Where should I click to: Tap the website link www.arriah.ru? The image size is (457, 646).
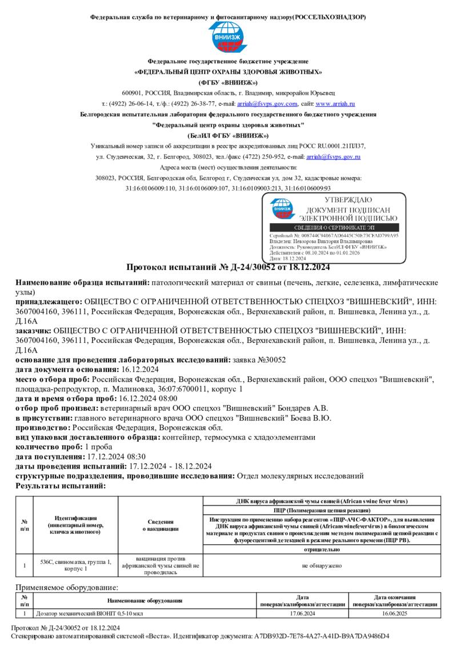pyautogui.click(x=335, y=104)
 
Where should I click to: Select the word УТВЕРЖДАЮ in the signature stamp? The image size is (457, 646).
pyautogui.click(x=348, y=200)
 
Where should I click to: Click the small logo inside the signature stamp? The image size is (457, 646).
pyautogui.click(x=282, y=209)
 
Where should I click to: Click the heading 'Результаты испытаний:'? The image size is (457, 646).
pyautogui.click(x=61, y=486)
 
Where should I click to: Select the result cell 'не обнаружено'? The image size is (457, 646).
pyautogui.click(x=321, y=566)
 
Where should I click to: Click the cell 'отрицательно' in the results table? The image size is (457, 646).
pyautogui.click(x=321, y=550)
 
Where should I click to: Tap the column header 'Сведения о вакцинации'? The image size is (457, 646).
pyautogui.click(x=160, y=525)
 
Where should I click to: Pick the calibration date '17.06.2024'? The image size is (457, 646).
pyautogui.click(x=303, y=613)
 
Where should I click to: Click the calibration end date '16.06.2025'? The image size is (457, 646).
pyautogui.click(x=395, y=613)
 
